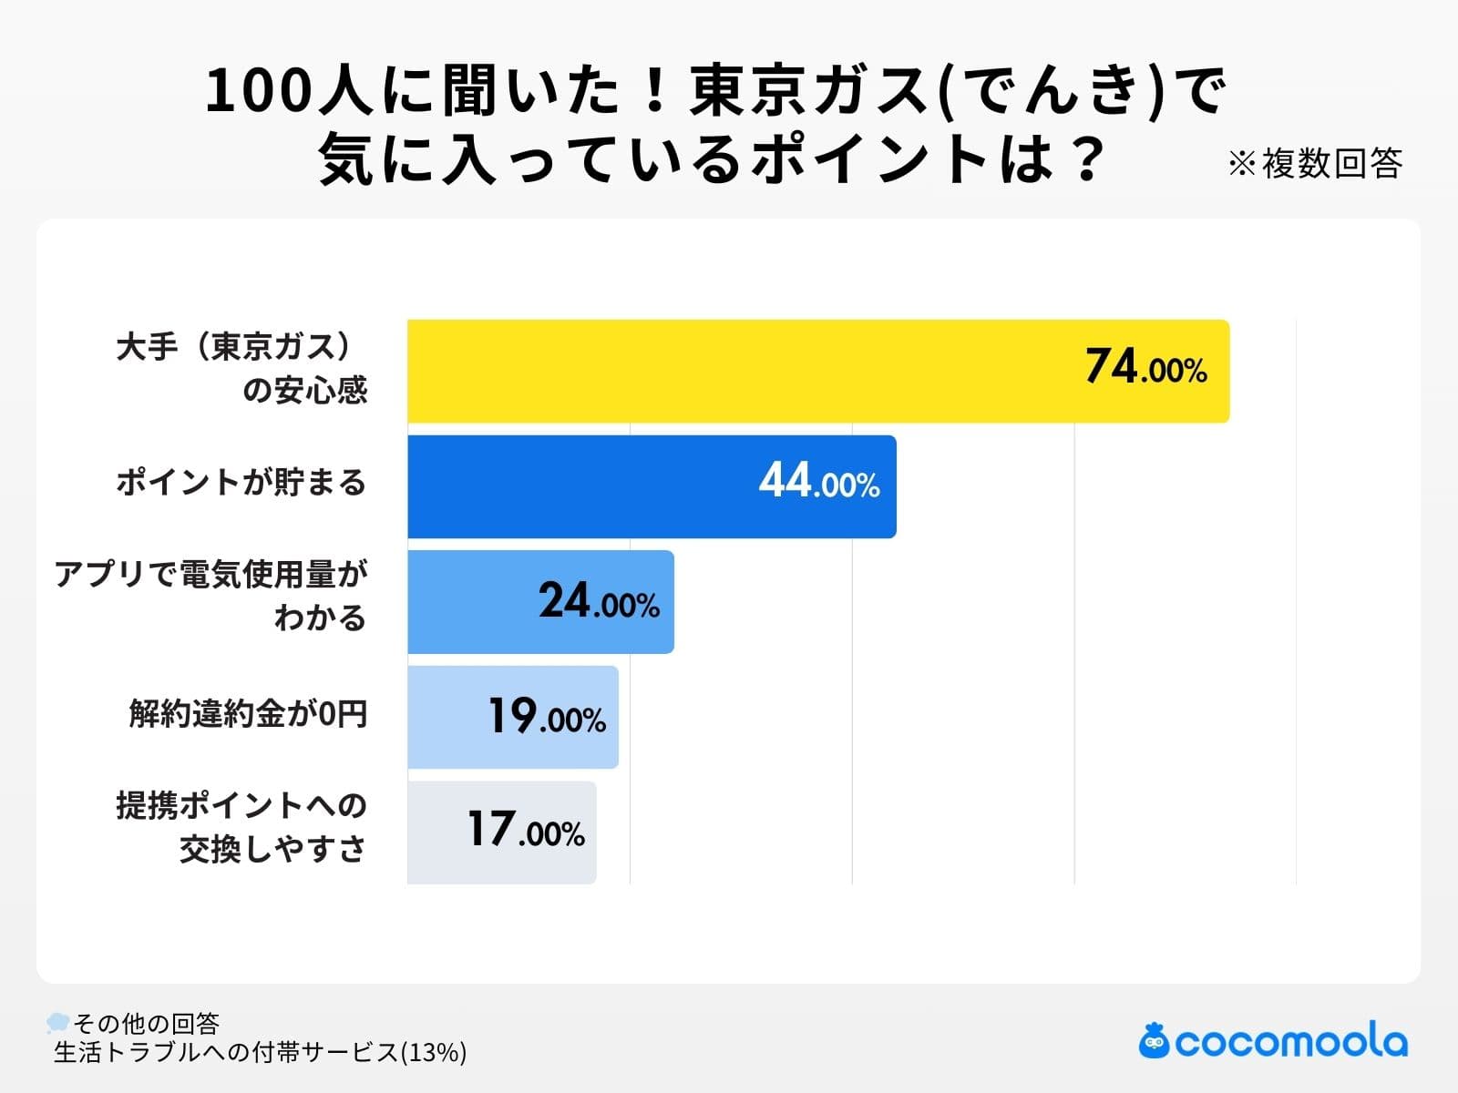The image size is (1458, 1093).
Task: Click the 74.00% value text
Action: (1145, 367)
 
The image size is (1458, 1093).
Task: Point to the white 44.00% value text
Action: (818, 481)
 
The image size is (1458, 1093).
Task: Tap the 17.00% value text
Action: (526, 831)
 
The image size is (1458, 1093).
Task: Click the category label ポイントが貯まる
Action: (241, 483)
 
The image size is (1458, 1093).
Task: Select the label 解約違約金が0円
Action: (248, 713)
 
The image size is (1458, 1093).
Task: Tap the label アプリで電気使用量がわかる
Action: (211, 596)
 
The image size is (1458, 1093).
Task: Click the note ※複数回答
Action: (1314, 164)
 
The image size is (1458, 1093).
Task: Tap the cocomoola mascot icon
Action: (1154, 1040)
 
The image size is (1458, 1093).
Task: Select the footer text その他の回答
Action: (147, 1023)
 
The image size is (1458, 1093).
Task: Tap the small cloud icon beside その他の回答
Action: (58, 1022)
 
